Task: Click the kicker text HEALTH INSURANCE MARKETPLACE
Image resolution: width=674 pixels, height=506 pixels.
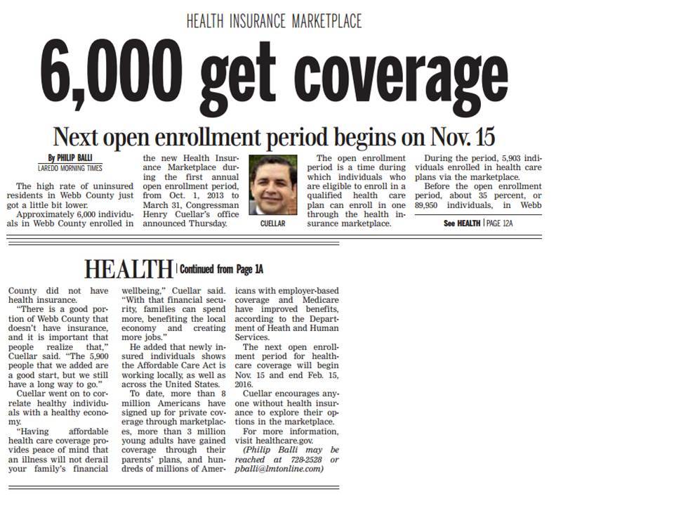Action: click(x=274, y=21)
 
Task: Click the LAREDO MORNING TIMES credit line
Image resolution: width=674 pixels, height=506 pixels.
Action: click(x=70, y=169)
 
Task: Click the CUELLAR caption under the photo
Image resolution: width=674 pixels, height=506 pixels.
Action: click(x=272, y=223)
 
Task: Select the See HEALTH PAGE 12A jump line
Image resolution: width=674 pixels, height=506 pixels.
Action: click(x=478, y=223)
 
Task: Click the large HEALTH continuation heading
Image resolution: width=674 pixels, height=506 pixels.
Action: click(x=128, y=268)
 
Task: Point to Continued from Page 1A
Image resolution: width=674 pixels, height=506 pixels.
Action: click(x=222, y=268)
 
